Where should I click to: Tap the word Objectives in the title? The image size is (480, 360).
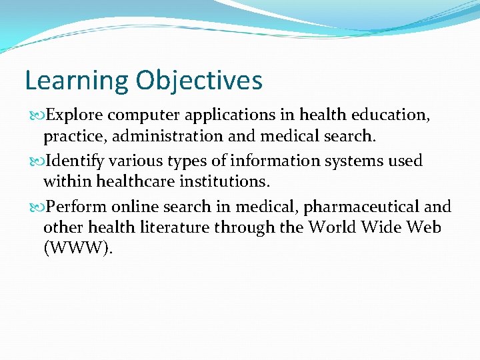pos(199,81)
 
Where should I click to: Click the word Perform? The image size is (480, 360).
pos(75,207)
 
